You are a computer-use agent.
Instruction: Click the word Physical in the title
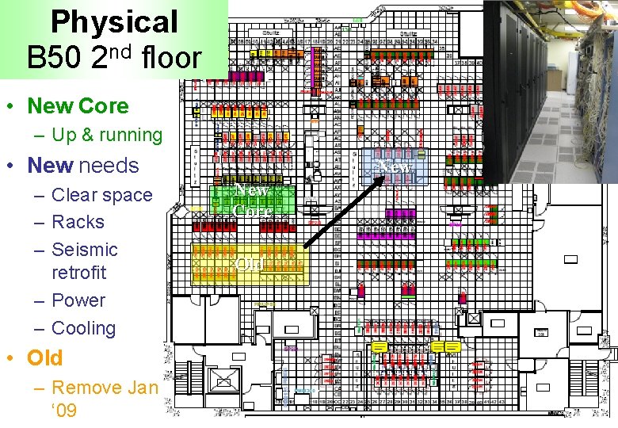(114, 22)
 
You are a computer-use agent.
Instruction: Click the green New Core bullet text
(78, 105)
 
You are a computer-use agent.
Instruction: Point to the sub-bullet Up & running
(107, 135)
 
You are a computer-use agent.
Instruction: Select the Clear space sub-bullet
(101, 195)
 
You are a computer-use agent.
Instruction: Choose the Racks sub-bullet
(78, 222)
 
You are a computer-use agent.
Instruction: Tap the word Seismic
(84, 250)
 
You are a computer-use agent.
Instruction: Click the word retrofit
(78, 273)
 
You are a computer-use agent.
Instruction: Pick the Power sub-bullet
(78, 300)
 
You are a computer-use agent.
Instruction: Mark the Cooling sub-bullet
(83, 328)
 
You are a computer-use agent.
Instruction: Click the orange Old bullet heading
(44, 358)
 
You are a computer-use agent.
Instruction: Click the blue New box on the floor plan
(394, 166)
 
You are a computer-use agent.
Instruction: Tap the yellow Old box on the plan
(249, 264)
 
